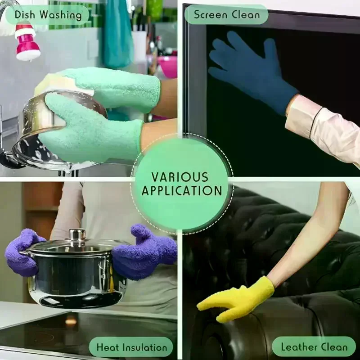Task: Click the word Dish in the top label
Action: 25,15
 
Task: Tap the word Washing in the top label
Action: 60,16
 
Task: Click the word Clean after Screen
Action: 246,15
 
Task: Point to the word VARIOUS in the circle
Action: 180,177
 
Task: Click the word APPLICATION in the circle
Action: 182,190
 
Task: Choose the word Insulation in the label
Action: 144,347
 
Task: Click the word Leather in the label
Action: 299,346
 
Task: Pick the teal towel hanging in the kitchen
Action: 117,35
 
